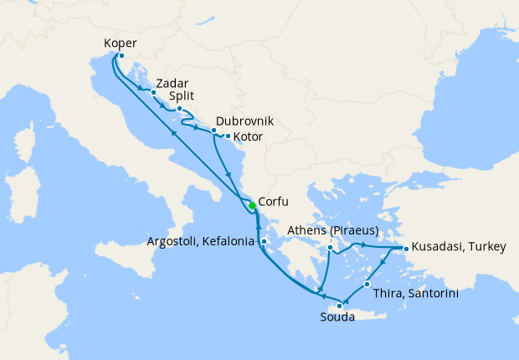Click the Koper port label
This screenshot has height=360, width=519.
tap(121, 44)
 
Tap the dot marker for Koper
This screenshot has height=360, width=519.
tap(121, 56)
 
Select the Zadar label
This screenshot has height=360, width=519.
tap(172, 83)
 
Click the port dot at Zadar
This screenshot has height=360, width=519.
tap(153, 93)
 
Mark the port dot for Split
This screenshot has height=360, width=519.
tap(179, 108)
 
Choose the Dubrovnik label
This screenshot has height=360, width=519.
tap(244, 121)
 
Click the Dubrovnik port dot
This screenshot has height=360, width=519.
tap(214, 130)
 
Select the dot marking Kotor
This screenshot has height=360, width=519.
tap(227, 135)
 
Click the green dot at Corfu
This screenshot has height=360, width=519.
tap(252, 205)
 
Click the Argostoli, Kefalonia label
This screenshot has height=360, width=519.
tap(202, 242)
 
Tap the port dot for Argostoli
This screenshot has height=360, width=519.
tap(263, 242)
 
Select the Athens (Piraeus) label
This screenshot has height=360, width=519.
tap(334, 230)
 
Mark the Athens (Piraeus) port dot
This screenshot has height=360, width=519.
tap(331, 248)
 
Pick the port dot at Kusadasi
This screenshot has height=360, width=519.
tap(406, 249)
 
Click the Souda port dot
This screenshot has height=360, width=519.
tap(339, 306)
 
